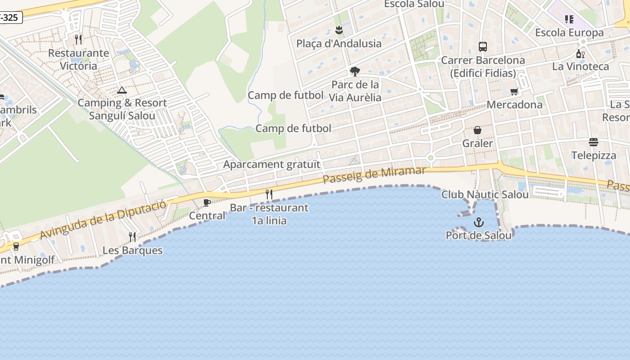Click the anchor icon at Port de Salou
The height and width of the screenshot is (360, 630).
tap(478, 222)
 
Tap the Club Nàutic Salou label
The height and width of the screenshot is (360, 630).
tap(485, 195)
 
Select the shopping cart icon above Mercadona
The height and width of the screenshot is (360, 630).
tap(514, 92)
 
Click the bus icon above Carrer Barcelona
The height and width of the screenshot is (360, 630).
tap(483, 47)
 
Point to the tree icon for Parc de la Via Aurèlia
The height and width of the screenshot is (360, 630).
tap(355, 72)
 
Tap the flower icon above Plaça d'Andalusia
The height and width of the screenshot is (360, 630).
tap(339, 31)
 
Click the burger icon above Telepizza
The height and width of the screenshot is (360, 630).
tap(594, 143)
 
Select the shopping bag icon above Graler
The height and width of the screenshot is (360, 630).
tap(477, 130)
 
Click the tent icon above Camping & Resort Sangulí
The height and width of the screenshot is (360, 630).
tap(122, 90)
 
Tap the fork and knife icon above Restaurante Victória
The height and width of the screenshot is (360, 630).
tap(78, 40)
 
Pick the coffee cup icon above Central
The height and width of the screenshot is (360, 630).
tap(207, 203)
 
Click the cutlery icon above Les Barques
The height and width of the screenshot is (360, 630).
tap(132, 237)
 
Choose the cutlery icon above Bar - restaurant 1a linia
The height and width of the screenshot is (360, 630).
tap(269, 194)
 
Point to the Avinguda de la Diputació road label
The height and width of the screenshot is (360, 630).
tap(103, 220)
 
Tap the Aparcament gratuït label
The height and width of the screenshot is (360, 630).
tap(272, 164)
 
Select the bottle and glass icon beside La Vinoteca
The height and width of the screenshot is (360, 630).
tap(580, 54)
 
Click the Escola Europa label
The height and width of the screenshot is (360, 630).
tap(569, 33)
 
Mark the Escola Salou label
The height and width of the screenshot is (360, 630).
tap(414, 4)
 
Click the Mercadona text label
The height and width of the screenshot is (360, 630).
tap(514, 105)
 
